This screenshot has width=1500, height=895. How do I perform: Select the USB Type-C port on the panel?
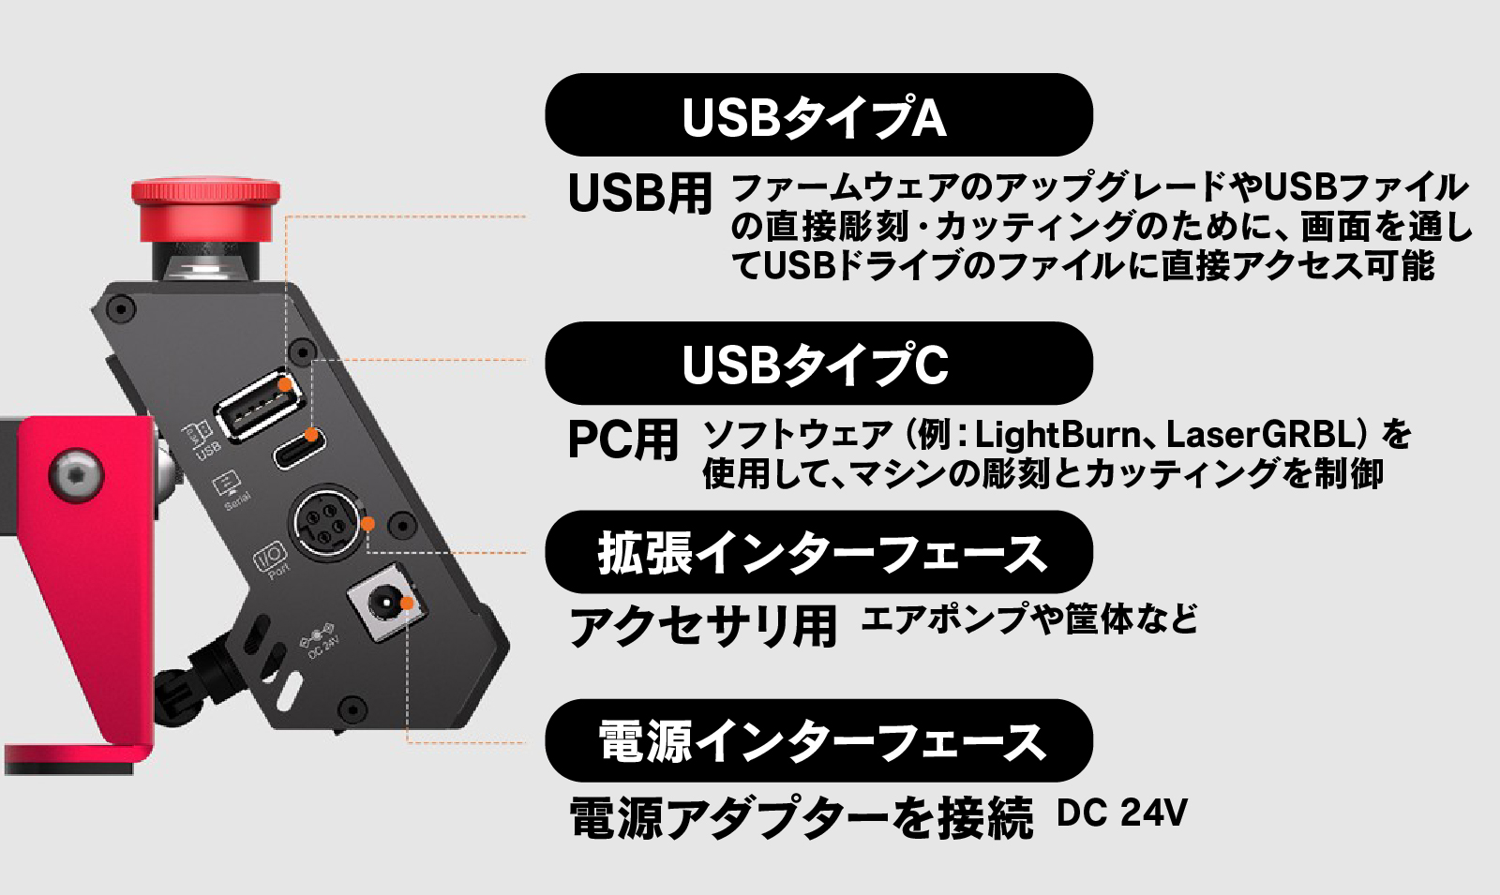click(x=299, y=448)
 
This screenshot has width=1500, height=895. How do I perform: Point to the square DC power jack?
click(x=382, y=609)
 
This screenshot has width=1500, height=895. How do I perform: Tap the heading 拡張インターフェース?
click(x=817, y=553)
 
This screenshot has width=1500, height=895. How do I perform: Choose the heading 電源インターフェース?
click(x=817, y=741)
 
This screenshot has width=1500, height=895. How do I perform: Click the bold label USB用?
click(x=640, y=194)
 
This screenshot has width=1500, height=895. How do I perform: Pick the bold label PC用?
click(x=622, y=440)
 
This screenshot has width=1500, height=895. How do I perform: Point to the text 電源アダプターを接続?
click(x=802, y=817)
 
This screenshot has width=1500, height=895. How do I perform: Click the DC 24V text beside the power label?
click(x=1121, y=813)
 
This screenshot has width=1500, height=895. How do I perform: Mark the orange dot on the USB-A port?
click(x=284, y=384)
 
